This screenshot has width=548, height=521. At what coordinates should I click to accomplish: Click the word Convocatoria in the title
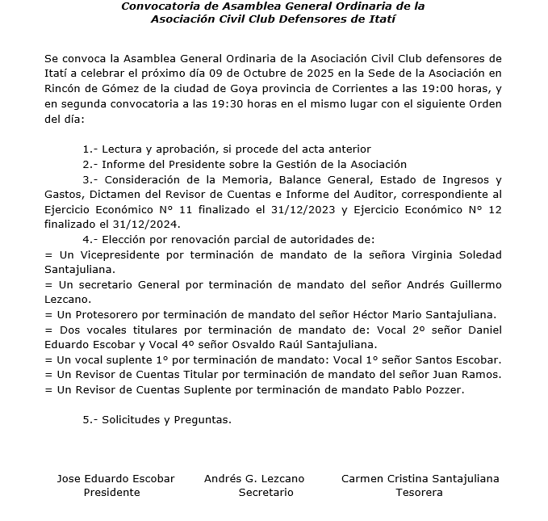158,6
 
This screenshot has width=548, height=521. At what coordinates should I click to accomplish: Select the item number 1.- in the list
90,149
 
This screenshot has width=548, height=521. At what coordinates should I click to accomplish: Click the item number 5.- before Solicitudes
90,420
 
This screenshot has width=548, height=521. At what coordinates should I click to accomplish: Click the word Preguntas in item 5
205,420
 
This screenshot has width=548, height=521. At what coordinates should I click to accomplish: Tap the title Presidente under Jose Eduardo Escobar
111,492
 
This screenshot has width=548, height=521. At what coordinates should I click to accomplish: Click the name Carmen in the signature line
362,478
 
